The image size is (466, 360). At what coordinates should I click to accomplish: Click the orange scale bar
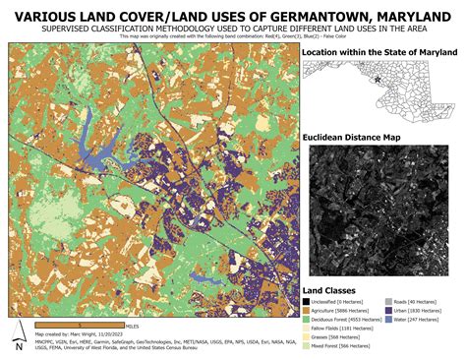(x=78, y=324)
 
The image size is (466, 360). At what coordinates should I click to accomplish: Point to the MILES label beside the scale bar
(x=132, y=324)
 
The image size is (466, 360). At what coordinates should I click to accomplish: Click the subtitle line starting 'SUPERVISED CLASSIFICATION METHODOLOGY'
(x=233, y=30)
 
